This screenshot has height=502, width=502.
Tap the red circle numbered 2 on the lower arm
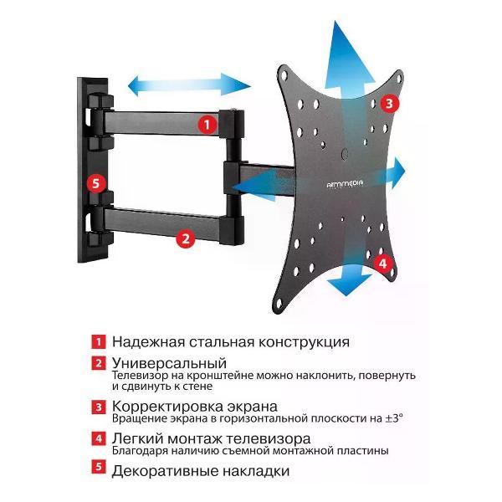(x=187, y=238)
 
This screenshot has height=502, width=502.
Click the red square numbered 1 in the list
(x=99, y=342)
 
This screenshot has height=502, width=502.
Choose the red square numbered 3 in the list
(x=99, y=407)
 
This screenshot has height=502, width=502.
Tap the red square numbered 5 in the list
(x=99, y=470)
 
